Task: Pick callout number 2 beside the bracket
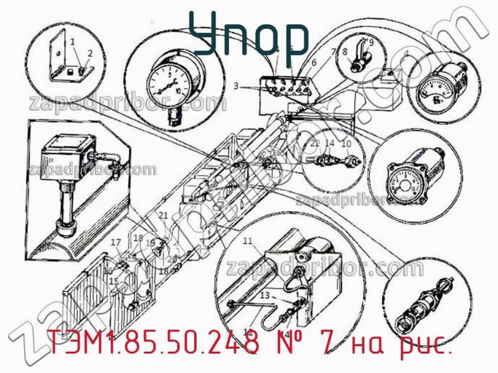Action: coord(91,53)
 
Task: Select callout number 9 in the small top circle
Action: coord(372,43)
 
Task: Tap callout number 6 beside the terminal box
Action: coord(314,62)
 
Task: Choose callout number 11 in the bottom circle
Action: coord(247,240)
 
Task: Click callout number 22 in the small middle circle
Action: coord(315,144)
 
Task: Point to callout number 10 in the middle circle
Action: coord(347,144)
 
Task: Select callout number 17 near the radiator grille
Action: coord(115,242)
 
